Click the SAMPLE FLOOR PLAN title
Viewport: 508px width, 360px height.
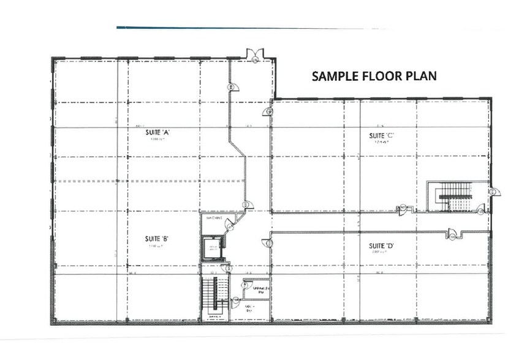[374, 77]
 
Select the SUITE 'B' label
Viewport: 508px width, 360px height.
[153, 239]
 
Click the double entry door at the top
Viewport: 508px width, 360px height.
[254, 56]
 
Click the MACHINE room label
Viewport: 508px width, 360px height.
[214, 218]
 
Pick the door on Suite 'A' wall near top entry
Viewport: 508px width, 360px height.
[231, 88]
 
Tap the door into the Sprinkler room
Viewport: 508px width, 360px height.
[245, 283]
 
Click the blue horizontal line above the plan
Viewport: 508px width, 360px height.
[245, 28]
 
